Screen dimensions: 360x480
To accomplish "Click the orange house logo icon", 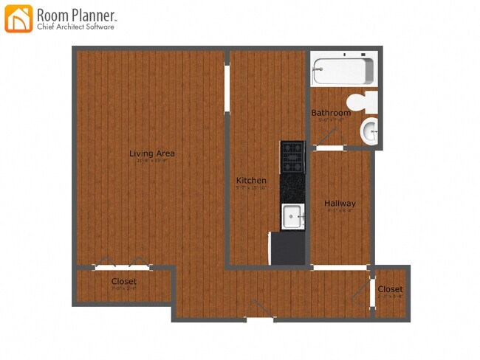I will pos(18,19).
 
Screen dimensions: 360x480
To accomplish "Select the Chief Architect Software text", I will pos(75,27).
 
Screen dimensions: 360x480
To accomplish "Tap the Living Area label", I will pos(152,153).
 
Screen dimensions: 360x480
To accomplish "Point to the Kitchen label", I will pos(251,181).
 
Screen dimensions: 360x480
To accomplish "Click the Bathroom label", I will pos(331,113).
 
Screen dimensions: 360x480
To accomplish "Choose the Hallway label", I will pos(340,204).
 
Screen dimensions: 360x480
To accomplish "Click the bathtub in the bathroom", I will pos(343,72).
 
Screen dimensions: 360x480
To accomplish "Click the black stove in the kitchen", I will pos(292,157).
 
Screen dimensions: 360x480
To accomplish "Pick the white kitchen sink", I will pos(293,218).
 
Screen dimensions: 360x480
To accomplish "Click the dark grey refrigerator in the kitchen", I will pos(289,248).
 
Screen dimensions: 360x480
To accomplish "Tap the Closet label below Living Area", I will pos(123,282).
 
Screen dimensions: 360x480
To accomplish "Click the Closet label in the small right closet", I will pos(391,289).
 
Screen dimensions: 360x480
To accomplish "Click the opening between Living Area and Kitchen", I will pos(227,80).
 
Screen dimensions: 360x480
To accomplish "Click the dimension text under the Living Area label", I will pos(152,162).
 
